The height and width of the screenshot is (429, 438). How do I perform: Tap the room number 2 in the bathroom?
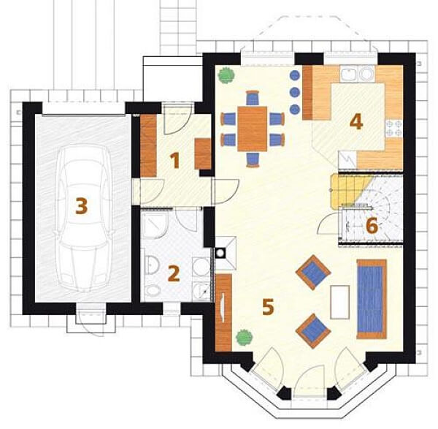pyautogui.click(x=174, y=273)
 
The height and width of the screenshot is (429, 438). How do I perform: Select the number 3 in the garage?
pyautogui.click(x=82, y=206)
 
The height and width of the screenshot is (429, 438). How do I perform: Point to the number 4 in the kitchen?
pyautogui.click(x=356, y=121)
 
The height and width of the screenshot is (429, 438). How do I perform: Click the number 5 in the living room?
pyautogui.click(x=268, y=307)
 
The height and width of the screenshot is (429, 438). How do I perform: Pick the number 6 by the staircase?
pyautogui.click(x=372, y=225)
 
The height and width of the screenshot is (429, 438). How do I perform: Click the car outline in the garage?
pyautogui.click(x=82, y=219)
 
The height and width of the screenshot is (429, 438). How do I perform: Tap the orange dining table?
pyautogui.click(x=253, y=129)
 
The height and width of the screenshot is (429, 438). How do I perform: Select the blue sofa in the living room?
pyautogui.click(x=372, y=299)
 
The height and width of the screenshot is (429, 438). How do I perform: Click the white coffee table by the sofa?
pyautogui.click(x=339, y=303)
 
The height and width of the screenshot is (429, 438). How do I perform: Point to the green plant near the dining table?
pyautogui.click(x=226, y=75)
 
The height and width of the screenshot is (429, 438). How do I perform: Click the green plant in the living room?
pyautogui.click(x=244, y=338)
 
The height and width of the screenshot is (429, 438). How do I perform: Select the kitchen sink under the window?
pyautogui.click(x=357, y=74)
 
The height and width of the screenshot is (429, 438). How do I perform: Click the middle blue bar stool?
pyautogui.click(x=295, y=92)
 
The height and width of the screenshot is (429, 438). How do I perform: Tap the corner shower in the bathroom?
pyautogui.click(x=154, y=224)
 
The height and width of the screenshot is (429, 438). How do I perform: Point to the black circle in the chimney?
pyautogui.click(x=221, y=253)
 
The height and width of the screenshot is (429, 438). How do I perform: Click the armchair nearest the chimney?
pyautogui.click(x=313, y=272)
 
